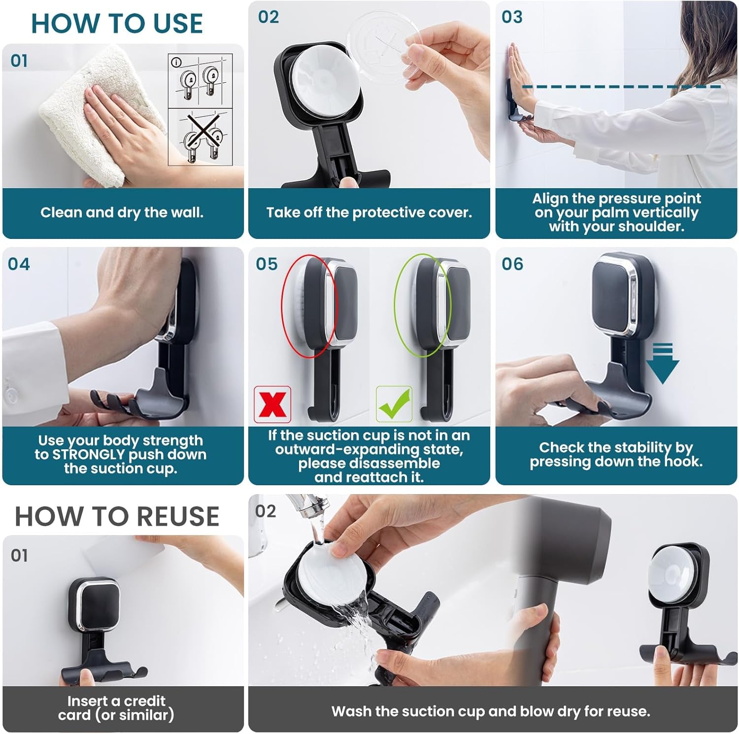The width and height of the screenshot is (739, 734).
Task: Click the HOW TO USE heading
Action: pos(117,24)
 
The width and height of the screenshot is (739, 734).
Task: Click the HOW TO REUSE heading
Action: pos(117,516)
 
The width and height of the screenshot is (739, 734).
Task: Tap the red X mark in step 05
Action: pos(272,404)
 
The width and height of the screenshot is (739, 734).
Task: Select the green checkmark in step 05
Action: pos(394,404)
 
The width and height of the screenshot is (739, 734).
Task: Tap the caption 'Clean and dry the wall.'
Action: pos(122,213)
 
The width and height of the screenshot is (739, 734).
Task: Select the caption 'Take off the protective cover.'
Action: pos(369,213)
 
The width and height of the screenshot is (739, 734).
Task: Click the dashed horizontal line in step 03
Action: pos(621,87)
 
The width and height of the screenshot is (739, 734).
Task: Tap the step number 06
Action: pos(512,264)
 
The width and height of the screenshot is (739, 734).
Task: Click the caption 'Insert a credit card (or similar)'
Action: pos(116,708)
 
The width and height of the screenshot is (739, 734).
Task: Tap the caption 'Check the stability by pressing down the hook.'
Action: pos(616,454)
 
